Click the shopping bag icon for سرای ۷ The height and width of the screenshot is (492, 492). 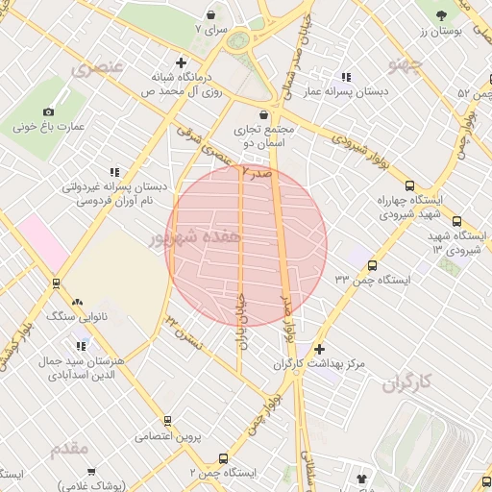(210, 14)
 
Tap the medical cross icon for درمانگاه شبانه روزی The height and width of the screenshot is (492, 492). (180, 61)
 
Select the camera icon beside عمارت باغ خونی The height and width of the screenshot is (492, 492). (49, 111)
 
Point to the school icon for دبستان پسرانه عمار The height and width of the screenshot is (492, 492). (346, 77)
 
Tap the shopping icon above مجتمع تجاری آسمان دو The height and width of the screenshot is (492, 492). (262, 113)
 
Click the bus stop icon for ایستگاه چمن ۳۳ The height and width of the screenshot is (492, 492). (372, 265)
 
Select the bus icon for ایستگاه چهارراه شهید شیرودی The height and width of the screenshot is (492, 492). (410, 186)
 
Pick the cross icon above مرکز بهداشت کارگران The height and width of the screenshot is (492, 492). (319, 349)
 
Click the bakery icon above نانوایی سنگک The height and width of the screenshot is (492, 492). (78, 302)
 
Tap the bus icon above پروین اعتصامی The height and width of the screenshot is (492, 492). (167, 421)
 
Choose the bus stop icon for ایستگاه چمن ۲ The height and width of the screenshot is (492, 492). (223, 458)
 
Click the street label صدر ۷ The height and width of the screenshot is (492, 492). (257, 173)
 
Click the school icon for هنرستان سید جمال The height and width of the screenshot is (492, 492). (81, 345)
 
